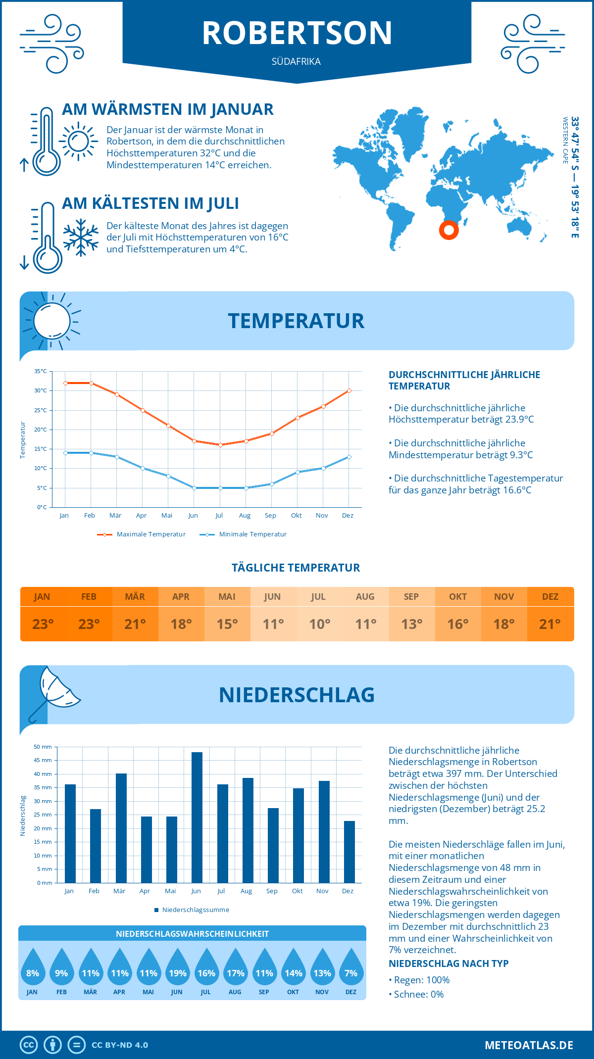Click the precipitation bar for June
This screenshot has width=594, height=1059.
click(x=197, y=818)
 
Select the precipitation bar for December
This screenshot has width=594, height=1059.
click(x=349, y=852)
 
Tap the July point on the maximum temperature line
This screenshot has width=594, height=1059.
click(x=220, y=445)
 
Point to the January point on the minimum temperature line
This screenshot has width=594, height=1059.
click(x=65, y=453)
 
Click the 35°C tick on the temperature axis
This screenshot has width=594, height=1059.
click(x=41, y=371)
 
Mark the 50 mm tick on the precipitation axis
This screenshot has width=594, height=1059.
click(x=43, y=747)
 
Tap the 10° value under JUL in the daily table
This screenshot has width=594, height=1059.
click(x=319, y=624)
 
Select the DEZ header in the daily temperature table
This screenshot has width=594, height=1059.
click(x=550, y=597)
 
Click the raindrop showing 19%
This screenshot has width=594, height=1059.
click(x=177, y=967)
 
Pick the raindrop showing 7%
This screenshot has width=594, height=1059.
click(x=351, y=967)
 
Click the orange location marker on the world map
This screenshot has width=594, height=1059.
click(x=449, y=230)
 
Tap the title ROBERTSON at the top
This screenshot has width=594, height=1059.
click(x=297, y=33)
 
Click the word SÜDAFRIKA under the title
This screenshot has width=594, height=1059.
click(x=296, y=62)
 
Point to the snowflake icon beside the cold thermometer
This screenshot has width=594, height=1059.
click(x=81, y=238)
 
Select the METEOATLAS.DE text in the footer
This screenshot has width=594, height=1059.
click(x=529, y=1045)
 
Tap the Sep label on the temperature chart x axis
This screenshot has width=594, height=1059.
click(x=270, y=516)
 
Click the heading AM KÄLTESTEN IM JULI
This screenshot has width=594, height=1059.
click(x=150, y=203)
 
